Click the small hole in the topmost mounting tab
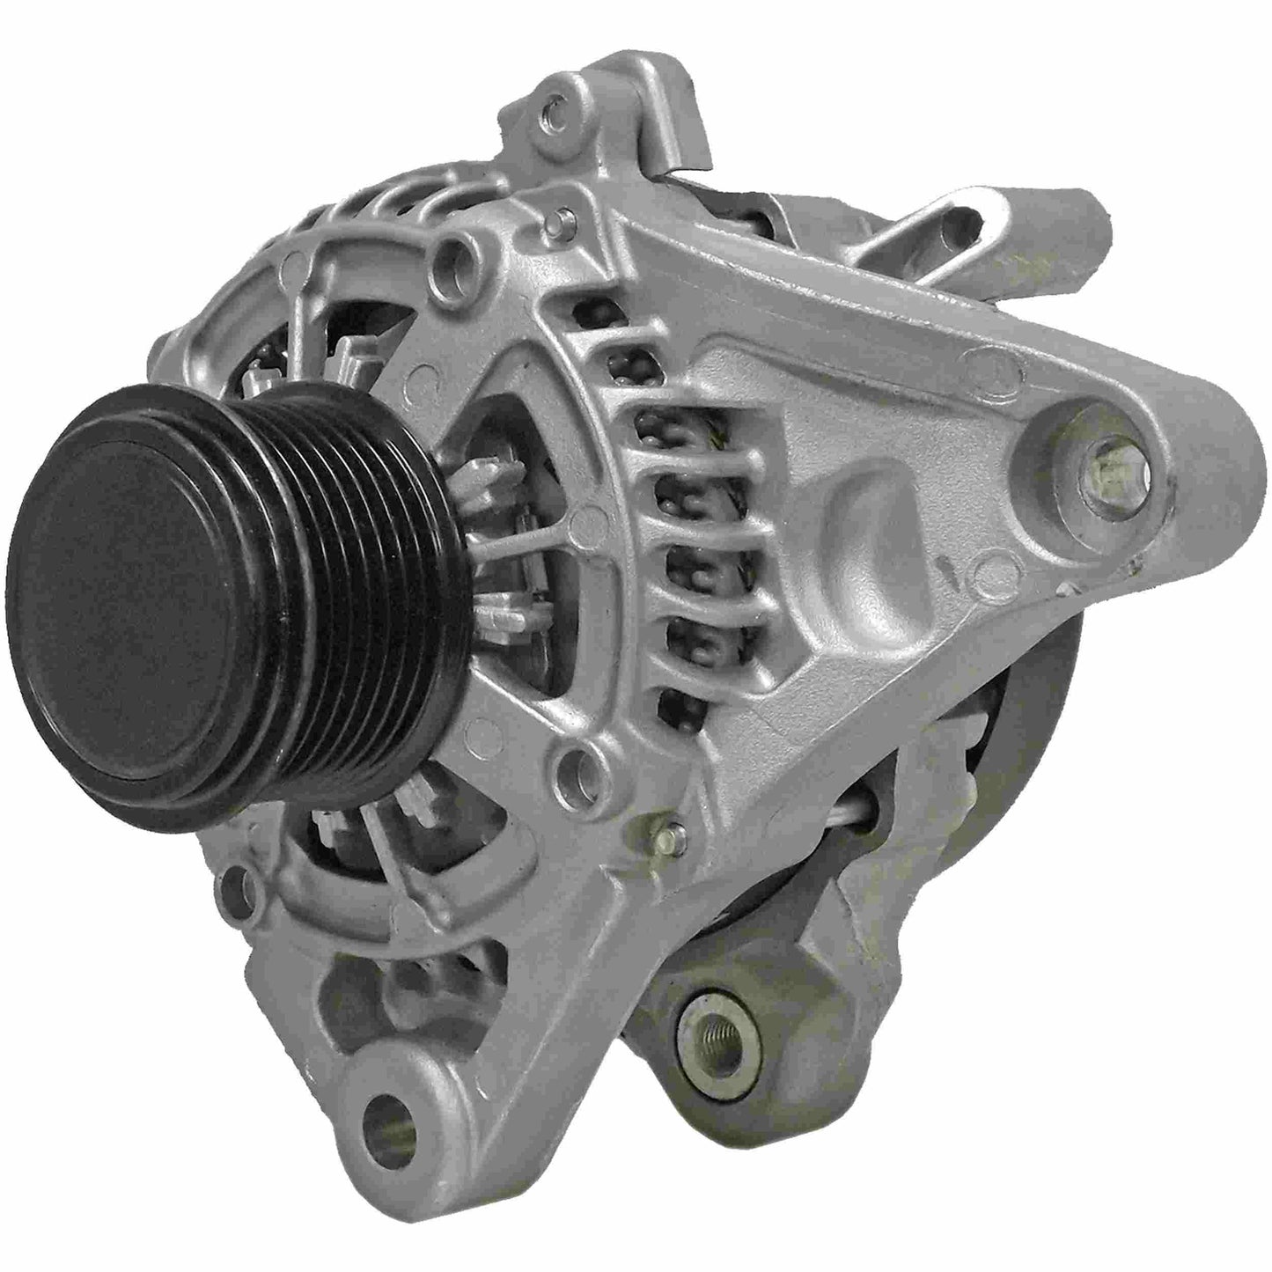click(552, 113)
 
